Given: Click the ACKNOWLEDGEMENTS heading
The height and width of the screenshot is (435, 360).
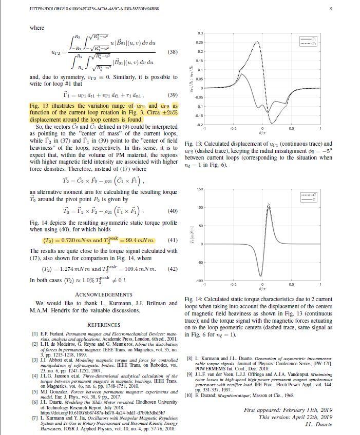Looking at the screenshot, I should click(103, 294).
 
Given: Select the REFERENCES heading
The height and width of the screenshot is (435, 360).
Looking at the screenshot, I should click(103, 325).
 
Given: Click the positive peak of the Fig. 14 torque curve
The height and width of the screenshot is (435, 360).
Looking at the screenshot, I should click(268, 205).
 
